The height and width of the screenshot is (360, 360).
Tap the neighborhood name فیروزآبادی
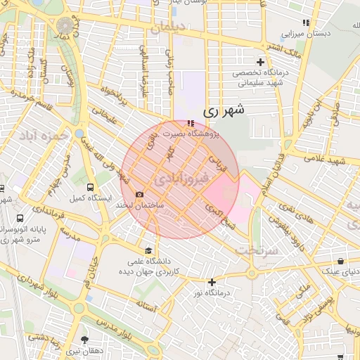pos(180,176)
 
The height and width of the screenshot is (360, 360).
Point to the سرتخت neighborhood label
pos(252,250)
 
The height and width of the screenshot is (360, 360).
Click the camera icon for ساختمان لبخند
pos(139,195)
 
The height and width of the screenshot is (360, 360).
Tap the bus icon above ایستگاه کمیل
pos(90,187)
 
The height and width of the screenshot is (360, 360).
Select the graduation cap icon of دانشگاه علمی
pos(148,250)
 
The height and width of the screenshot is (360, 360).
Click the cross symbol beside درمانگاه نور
pos(212,282)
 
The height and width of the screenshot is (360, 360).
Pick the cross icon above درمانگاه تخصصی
pos(261,62)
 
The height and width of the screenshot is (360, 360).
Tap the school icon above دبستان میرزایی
pos(304,22)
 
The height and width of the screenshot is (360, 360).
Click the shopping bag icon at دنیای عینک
pos(340,260)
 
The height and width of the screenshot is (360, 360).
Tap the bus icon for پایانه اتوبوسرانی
pos(20,218)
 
